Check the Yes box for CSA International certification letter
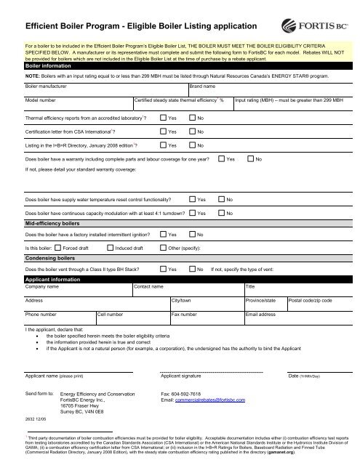(x=162, y=132)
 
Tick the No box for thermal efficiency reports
(x=192, y=117)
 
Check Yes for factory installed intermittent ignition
(x=162, y=235)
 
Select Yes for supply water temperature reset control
(x=191, y=198)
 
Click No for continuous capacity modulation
(x=221, y=212)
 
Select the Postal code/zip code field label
(x=311, y=300)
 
